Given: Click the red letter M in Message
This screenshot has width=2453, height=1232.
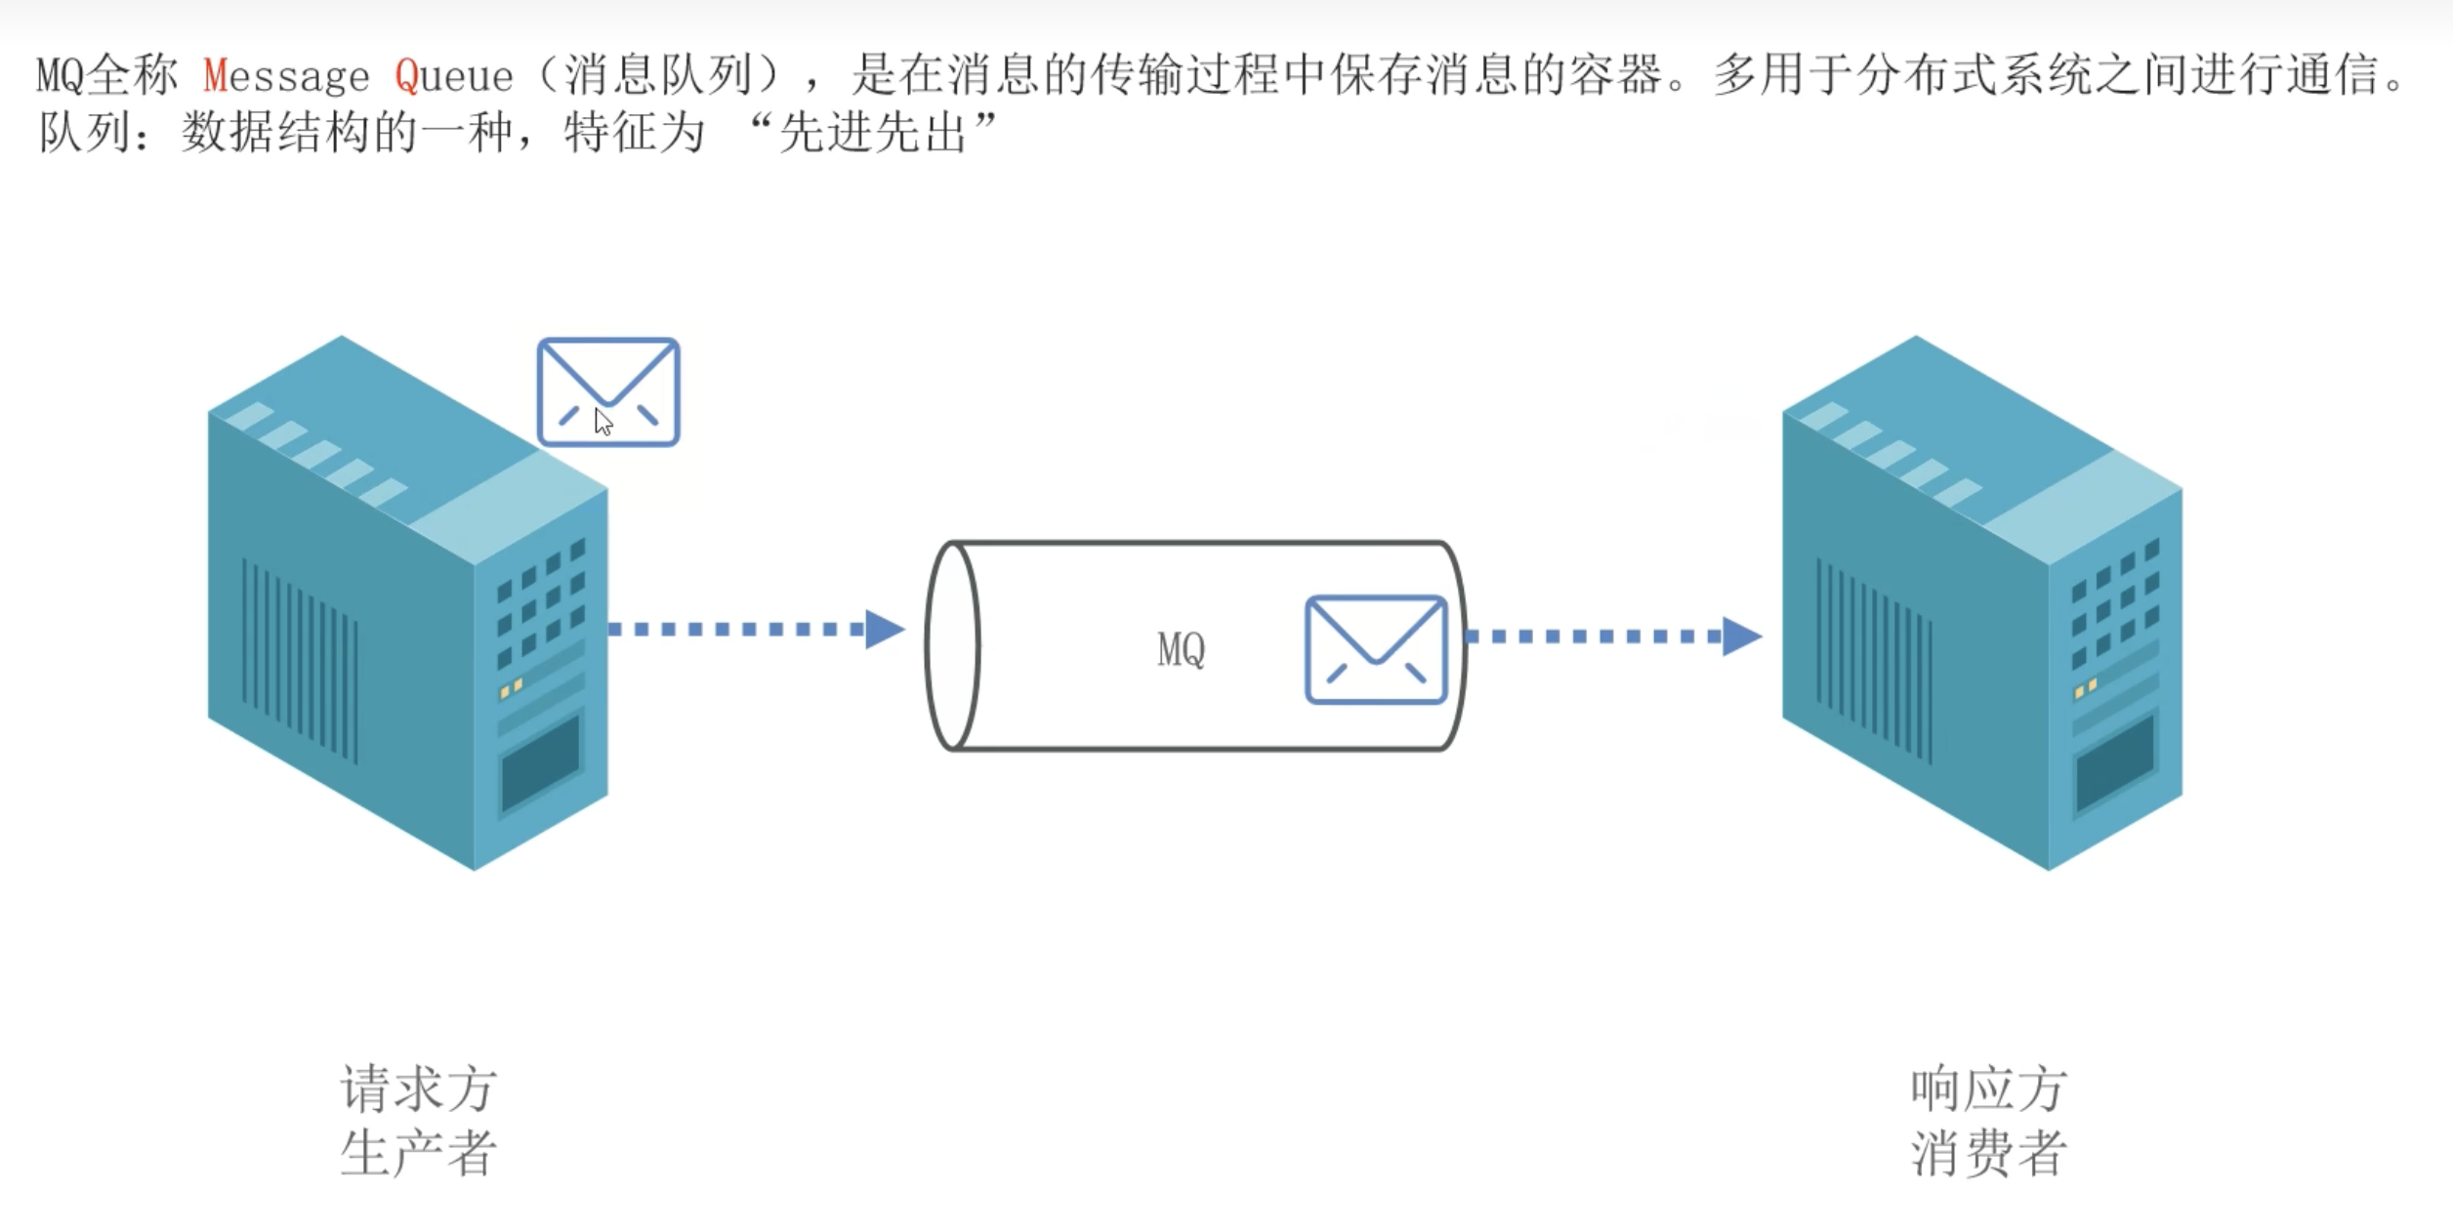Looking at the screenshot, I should pyautogui.click(x=215, y=76).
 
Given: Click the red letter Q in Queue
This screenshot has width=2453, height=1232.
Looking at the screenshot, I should pyautogui.click(x=406, y=76).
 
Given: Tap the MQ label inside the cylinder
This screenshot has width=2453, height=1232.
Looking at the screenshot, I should pyautogui.click(x=1181, y=649).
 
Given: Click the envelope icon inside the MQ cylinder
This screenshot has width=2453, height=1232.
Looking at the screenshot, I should pyautogui.click(x=1375, y=649).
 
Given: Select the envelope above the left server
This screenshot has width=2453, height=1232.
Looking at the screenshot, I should pyautogui.click(x=608, y=391).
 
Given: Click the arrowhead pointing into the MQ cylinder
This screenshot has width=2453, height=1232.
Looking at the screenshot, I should pyautogui.click(x=885, y=630).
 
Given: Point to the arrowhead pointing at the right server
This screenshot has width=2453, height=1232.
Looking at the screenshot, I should pyautogui.click(x=1741, y=637).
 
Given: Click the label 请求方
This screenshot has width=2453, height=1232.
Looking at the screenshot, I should pyautogui.click(x=419, y=1088).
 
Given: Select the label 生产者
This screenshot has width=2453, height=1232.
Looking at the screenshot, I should pyautogui.click(x=419, y=1153).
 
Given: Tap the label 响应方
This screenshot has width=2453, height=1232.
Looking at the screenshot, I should pyautogui.click(x=1988, y=1088).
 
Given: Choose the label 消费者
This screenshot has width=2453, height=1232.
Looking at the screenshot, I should pyautogui.click(x=1988, y=1153).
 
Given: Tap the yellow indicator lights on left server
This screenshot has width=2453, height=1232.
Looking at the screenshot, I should pyautogui.click(x=511, y=687).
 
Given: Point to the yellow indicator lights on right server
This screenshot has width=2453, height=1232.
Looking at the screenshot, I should pyautogui.click(x=2085, y=688).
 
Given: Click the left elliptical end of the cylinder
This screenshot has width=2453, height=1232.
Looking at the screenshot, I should pyautogui.click(x=952, y=645).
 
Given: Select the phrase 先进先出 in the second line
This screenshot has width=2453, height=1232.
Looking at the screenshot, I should pyautogui.click(x=872, y=133).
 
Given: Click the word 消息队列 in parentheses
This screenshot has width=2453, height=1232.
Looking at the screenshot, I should pyautogui.click(x=659, y=76).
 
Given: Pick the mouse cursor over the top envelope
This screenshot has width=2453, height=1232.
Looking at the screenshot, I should pyautogui.click(x=603, y=422).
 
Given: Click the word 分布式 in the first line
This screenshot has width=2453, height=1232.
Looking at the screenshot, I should pyautogui.click(x=1926, y=76).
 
